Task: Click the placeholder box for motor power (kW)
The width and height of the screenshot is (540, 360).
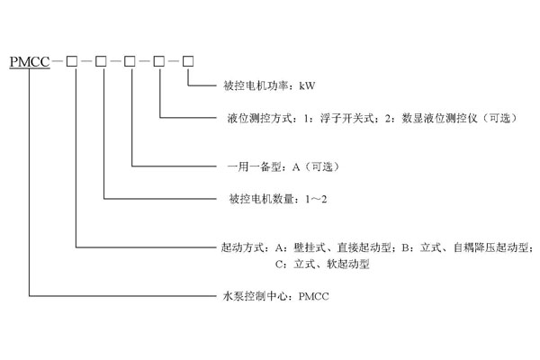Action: click(x=189, y=61)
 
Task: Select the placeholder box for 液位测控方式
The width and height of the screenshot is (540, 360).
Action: click(x=160, y=61)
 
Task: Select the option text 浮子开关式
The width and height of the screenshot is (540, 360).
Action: click(x=328, y=117)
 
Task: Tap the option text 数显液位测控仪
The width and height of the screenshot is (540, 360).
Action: click(x=414, y=117)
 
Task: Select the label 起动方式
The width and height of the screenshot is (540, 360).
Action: click(x=238, y=246)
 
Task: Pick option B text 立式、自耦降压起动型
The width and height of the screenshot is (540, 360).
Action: click(x=472, y=246)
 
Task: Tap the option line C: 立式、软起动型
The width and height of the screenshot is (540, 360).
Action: click(x=322, y=265)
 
